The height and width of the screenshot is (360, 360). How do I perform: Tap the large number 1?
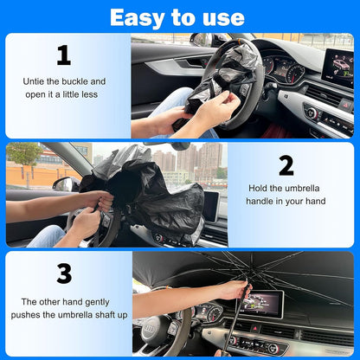coord(63,55)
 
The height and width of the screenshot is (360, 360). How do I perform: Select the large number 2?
coord(286,165)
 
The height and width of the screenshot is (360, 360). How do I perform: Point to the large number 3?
coord(63,273)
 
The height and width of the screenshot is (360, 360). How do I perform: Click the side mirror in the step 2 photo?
coord(66,184)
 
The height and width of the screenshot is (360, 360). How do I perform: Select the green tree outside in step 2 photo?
coord(23,156)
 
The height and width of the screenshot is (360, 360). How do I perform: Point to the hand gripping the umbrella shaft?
coord(231,290)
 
